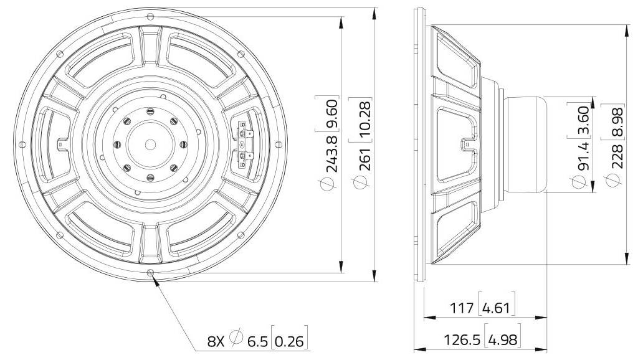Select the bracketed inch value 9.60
(332, 113)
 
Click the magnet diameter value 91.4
(581, 159)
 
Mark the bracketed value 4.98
(502, 340)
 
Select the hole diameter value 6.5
(257, 341)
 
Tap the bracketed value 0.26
(291, 341)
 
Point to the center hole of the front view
(150, 144)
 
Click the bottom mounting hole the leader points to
(150, 273)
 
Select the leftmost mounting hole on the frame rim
(22, 144)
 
